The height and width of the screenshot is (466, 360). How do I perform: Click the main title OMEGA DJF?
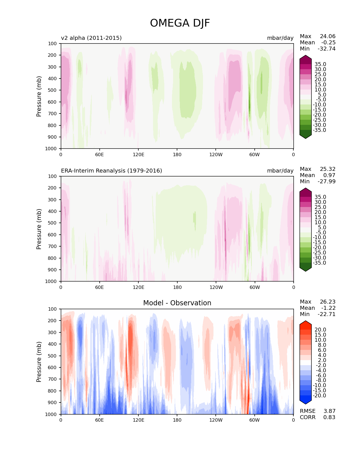180,23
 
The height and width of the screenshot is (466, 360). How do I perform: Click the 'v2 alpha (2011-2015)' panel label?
91,38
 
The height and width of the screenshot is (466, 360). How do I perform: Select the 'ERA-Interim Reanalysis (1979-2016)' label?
112,171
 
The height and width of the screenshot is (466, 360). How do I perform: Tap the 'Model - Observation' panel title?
177,303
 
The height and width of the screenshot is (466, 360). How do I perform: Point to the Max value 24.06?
328,36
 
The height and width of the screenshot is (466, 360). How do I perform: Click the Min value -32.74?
326,49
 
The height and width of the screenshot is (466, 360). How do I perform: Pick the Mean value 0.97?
329,175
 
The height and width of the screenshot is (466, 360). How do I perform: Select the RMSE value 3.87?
329,411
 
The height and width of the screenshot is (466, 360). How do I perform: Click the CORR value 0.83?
329,417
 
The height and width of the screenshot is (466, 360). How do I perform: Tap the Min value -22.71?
326,314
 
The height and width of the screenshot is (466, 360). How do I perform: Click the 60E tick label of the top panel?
99,154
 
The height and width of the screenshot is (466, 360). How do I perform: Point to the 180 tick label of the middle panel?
177,287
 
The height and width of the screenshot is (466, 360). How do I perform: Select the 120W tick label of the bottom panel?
216,420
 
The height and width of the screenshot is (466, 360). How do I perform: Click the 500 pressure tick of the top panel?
53,90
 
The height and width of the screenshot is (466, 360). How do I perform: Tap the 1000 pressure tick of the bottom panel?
51,414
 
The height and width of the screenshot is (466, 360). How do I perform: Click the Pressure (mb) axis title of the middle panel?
39,229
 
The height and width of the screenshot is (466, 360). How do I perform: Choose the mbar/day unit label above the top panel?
280,38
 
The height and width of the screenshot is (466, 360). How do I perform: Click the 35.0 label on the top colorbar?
320,64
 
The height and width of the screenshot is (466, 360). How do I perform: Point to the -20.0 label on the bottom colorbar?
319,395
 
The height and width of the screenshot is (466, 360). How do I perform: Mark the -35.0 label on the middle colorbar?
319,263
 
